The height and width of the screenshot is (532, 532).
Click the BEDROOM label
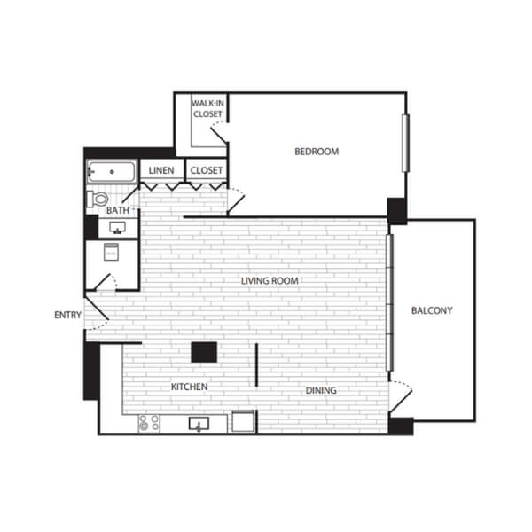pos(317,152)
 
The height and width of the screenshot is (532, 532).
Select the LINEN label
pos(161,170)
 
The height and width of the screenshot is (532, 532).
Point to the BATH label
pos(118,210)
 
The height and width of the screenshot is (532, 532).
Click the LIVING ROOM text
pos(270,281)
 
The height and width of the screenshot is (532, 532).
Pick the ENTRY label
pos(67,315)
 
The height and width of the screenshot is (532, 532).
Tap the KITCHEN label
pos(189,387)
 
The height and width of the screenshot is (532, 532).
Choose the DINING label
pos(321,391)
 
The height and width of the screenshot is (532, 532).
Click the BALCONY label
pos(432,310)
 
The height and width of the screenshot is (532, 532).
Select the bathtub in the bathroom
pos(111,171)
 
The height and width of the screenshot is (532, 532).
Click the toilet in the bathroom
pos(98,199)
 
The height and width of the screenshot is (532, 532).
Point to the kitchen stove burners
pos(148,423)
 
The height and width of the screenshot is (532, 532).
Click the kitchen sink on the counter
pos(199,424)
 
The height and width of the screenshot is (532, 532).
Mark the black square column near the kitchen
pos(204,352)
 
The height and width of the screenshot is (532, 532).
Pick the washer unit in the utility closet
pos(111,254)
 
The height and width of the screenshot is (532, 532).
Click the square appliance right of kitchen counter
pos(243,421)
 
